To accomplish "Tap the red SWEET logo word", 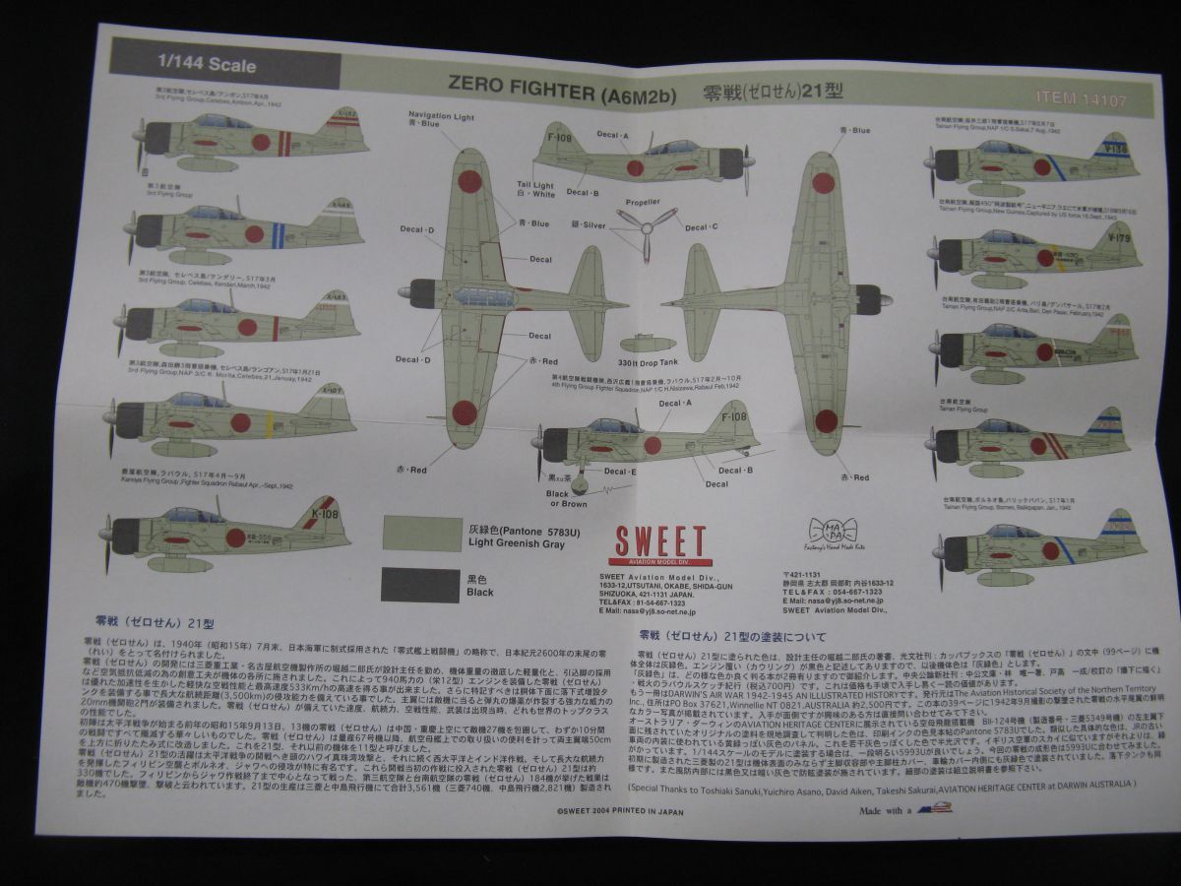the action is click(660, 542).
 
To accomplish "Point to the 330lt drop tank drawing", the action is click(647, 342).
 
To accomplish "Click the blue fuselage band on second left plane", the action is click(279, 234).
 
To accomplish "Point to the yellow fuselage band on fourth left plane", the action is click(270, 423).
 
